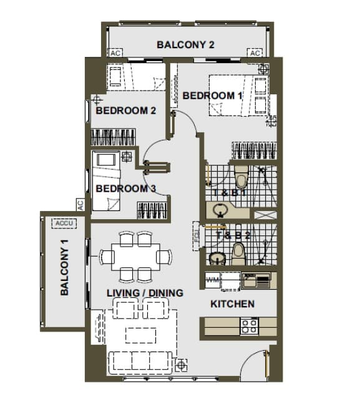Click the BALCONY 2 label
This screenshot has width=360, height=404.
pos(185,45)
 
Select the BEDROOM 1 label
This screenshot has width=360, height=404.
pos(212,96)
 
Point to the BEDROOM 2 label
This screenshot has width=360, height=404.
pos(125,111)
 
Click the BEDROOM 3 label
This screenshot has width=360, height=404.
pos(125,189)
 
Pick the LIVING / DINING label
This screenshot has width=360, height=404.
pos(145,293)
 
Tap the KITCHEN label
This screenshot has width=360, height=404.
pos(232,304)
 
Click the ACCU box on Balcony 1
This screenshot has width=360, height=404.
pos(64,223)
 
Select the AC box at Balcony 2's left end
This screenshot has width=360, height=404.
pos(115,53)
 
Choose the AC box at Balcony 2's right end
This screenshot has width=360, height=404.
pos(255,53)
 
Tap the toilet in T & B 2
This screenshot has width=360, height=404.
pos(238,253)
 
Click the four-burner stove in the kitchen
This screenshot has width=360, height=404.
pos(250,325)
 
